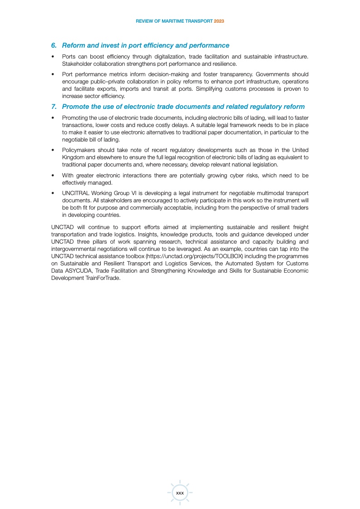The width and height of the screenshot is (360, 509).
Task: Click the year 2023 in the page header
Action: tap(219, 21)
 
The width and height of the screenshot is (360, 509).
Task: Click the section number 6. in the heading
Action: tap(54, 45)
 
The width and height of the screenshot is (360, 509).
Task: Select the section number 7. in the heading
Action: tap(54, 107)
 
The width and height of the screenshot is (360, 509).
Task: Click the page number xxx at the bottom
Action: tap(180, 493)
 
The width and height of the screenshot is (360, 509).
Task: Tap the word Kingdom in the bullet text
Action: tap(73, 157)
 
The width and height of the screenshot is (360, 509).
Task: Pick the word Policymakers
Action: tap(78, 151)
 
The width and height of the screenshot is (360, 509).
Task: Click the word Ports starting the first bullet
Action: tap(69, 57)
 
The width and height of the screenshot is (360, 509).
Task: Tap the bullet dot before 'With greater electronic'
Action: tap(53, 176)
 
